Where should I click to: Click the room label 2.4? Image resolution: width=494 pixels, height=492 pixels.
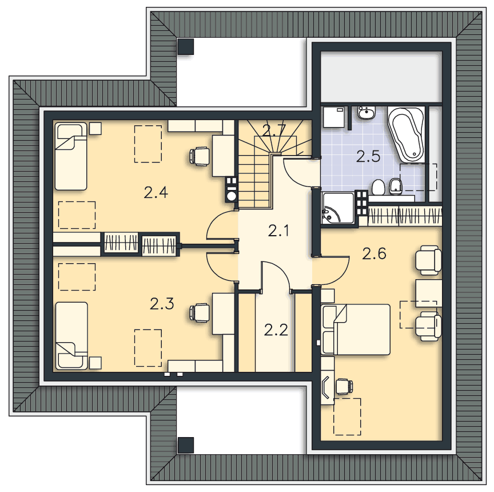(x=156, y=192)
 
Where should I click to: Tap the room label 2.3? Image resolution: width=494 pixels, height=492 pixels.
(x=162, y=304)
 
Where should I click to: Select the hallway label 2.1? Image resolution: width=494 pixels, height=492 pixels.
(x=278, y=231)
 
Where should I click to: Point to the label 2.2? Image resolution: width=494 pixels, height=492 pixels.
(x=276, y=330)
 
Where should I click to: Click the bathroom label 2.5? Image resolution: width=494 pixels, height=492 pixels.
(x=368, y=156)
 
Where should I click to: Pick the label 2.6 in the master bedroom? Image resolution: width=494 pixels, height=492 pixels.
(x=374, y=253)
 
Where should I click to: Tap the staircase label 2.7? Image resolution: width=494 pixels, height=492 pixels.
(x=274, y=130)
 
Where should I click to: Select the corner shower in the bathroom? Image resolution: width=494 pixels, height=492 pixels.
(x=337, y=208)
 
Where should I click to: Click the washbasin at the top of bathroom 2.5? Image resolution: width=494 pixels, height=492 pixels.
(x=366, y=113)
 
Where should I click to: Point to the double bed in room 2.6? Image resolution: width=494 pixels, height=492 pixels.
(x=356, y=330)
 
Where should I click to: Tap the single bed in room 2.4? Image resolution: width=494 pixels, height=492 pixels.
(x=71, y=156)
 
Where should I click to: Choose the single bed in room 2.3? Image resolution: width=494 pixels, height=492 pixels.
(x=71, y=336)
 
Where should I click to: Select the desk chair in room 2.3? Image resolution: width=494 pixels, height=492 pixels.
(x=200, y=313)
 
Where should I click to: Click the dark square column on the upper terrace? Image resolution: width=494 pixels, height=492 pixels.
(x=186, y=47)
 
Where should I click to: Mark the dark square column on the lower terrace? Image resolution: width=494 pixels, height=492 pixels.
(x=186, y=445)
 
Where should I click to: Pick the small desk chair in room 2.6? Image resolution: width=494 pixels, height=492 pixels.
(x=344, y=386)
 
